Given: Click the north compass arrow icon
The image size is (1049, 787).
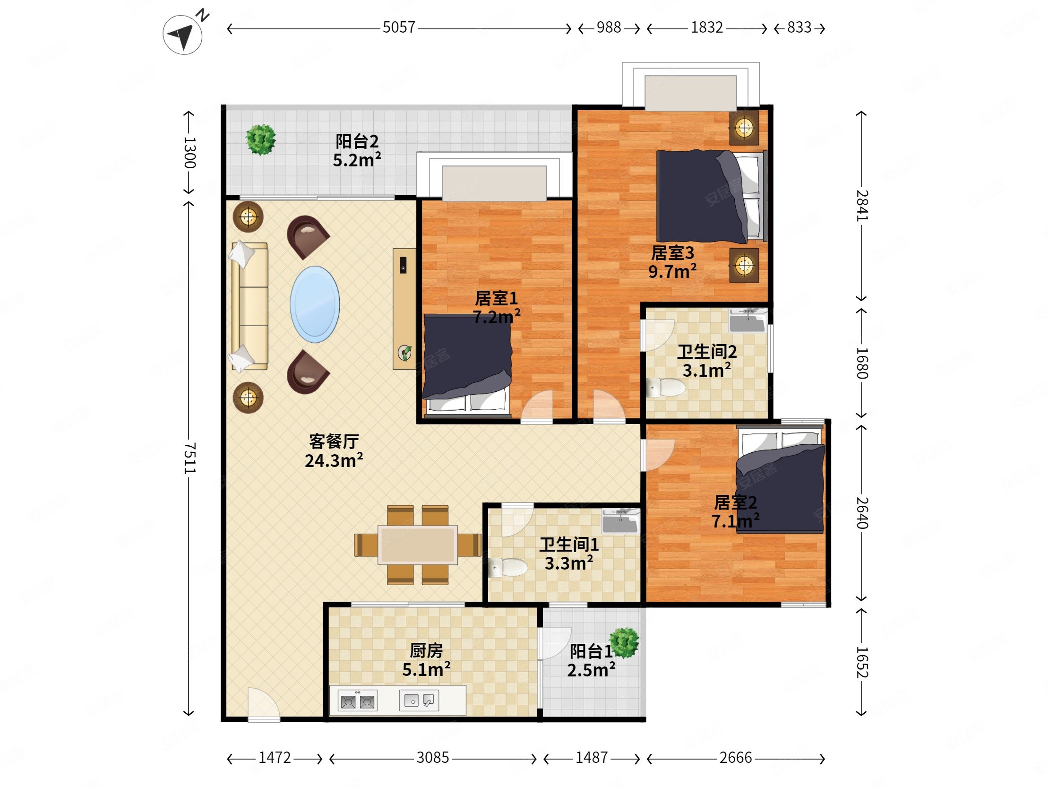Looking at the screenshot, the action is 182,34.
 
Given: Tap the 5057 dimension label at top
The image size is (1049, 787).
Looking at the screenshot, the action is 399,27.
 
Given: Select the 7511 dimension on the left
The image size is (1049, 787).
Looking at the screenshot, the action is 189,458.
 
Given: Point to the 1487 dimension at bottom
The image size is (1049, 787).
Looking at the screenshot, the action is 592,758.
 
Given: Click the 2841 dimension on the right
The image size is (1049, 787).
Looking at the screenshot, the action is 862,206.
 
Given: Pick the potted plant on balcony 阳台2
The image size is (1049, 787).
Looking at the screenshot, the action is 260,139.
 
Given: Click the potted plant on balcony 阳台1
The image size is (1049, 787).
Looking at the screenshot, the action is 624,642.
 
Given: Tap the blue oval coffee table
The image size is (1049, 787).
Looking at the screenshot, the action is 315,304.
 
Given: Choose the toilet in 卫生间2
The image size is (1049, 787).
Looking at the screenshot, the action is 666,388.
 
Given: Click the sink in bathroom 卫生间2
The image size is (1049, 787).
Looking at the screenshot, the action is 748,320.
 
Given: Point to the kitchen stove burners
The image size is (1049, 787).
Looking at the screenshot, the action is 358,701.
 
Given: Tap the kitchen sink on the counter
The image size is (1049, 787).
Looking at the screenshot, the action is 419,700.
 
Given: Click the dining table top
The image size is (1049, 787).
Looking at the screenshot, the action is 418,545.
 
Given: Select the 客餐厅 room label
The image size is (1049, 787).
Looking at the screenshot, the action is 334,441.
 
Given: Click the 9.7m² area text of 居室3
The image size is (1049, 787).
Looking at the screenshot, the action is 672,271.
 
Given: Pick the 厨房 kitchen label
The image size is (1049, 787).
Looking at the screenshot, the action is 426,650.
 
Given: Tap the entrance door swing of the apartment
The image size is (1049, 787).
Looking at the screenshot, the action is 264,704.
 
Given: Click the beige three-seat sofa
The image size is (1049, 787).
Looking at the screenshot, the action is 249,306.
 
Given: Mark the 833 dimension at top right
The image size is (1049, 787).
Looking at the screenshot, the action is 799,27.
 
